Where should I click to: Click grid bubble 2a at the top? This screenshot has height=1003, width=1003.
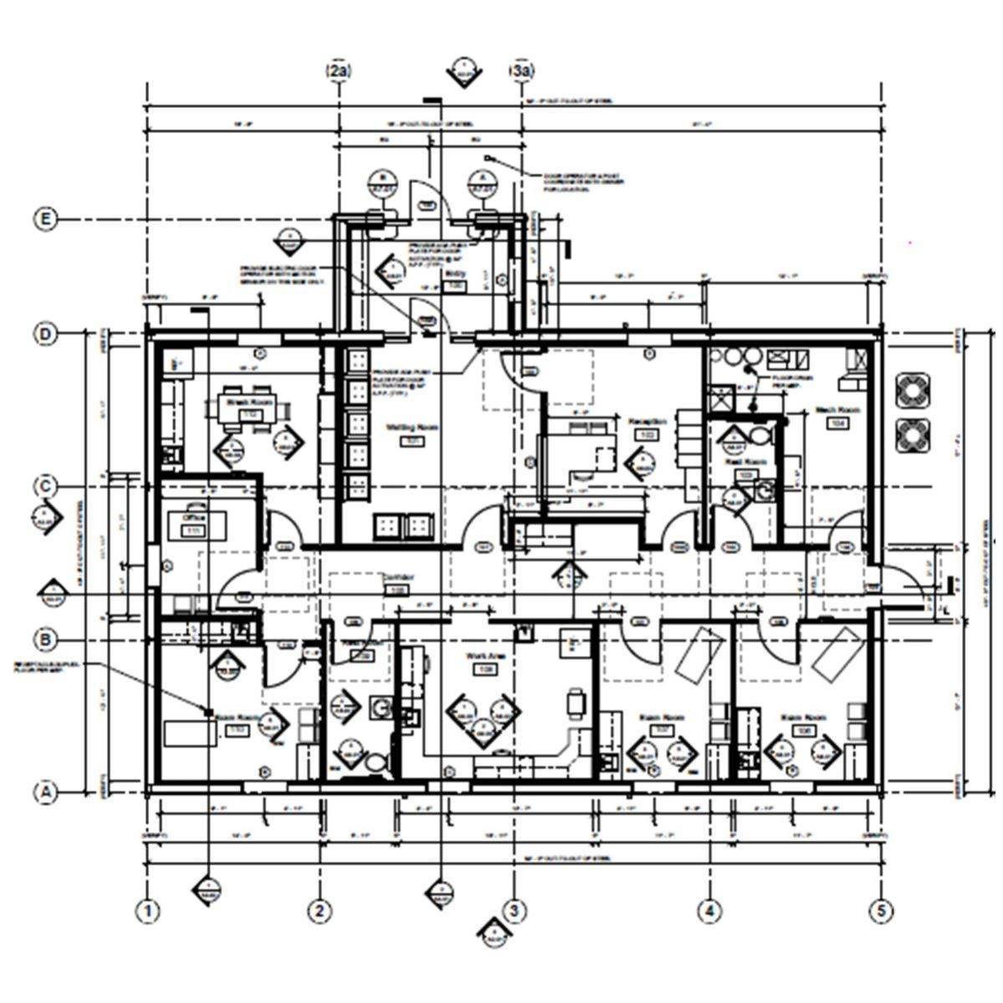339,72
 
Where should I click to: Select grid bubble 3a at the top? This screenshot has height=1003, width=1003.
522,72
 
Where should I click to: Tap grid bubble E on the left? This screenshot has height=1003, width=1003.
45,220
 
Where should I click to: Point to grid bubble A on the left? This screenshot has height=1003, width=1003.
45,791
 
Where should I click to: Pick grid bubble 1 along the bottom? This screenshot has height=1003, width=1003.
148,910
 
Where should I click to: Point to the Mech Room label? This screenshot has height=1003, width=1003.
837,410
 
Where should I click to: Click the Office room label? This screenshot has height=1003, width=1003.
194,518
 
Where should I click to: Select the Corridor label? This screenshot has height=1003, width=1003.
395,577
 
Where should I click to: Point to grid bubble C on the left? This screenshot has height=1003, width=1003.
45,487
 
